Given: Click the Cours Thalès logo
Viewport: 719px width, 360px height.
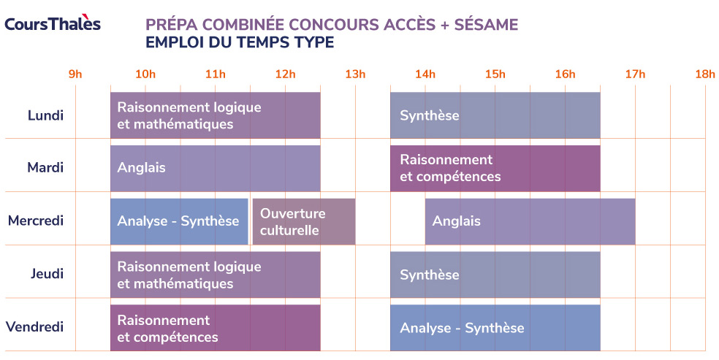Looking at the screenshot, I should click(53, 23).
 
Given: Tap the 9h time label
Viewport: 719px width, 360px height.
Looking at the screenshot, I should click(75, 74).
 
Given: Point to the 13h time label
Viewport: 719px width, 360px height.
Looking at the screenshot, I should click(355, 74).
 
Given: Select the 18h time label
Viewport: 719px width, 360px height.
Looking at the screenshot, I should click(704, 74).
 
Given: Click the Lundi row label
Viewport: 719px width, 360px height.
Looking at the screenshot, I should click(45, 115).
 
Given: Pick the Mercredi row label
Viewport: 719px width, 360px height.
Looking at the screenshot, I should click(36, 221).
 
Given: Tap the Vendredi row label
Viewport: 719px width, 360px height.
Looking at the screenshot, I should click(35, 326).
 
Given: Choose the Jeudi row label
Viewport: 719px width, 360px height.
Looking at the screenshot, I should click(46, 274).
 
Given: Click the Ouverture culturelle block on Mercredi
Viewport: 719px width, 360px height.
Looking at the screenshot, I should click(304, 221).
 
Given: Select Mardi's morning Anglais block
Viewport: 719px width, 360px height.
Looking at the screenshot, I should click(215, 168).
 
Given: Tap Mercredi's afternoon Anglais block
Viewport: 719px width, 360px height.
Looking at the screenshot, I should click(530, 221).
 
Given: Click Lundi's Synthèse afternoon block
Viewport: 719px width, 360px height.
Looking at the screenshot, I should click(495, 115).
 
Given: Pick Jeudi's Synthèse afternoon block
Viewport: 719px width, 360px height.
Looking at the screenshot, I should click(495, 274).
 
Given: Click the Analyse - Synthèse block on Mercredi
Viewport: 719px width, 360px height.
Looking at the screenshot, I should click(179, 221).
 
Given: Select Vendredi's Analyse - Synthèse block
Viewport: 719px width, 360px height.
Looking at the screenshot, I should click(495, 327).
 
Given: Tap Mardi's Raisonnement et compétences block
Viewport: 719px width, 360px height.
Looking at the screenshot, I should click(495, 168).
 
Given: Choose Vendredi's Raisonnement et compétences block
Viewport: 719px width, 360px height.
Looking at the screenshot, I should click(215, 327).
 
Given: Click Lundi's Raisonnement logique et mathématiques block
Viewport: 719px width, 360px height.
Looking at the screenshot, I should click(215, 115).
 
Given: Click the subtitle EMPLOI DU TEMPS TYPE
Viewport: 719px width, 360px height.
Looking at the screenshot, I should click(240, 42).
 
